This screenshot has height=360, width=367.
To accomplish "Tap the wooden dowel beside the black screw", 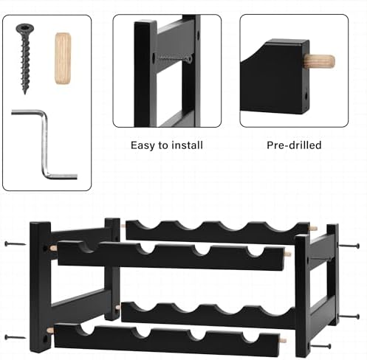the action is [x=64, y=58].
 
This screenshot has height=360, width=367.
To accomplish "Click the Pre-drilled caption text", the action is [x=294, y=145].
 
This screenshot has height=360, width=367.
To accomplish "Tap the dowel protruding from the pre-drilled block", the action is [x=320, y=61].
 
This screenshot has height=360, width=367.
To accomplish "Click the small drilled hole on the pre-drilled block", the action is [x=306, y=95].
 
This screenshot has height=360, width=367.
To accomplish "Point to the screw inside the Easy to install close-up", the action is [x=174, y=58].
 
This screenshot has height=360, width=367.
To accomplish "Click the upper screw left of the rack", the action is [x=16, y=244].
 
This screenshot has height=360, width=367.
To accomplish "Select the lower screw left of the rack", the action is [x=16, y=337].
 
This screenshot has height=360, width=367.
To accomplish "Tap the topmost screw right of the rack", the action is [x=349, y=246].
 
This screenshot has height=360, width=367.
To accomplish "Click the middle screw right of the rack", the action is [x=349, y=316].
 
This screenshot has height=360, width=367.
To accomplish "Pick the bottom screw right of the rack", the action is [x=320, y=347].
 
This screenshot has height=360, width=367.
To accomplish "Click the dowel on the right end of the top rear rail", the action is [x=313, y=228].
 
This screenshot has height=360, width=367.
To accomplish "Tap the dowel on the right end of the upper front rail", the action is [x=287, y=254].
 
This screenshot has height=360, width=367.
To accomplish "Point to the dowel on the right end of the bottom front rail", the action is [x=283, y=341].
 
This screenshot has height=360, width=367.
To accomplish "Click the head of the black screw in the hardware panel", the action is [x=25, y=28].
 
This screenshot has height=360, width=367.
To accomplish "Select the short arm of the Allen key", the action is [x=63, y=176].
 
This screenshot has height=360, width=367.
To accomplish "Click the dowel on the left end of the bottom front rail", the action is [x=51, y=330].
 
